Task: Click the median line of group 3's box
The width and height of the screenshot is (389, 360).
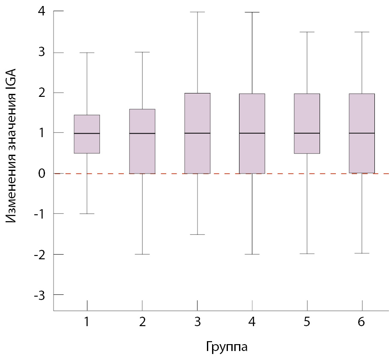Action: [x=197, y=133]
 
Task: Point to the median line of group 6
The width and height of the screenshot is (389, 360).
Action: [x=362, y=133]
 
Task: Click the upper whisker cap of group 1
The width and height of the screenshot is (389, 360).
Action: [x=87, y=53]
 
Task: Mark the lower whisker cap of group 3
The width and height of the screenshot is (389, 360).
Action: [x=197, y=234]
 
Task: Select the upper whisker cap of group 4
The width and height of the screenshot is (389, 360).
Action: [x=252, y=12]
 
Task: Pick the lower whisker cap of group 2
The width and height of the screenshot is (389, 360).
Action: [x=142, y=254]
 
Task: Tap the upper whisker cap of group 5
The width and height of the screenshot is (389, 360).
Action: [x=307, y=32]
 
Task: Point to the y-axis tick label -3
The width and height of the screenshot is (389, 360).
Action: [x=39, y=295]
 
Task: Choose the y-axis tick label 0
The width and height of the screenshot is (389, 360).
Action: [x=41, y=174]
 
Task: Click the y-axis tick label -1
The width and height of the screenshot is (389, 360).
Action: [x=39, y=214]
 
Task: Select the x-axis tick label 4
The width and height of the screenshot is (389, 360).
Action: [x=252, y=322]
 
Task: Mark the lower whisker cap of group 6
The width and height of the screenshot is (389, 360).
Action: [x=362, y=253]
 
